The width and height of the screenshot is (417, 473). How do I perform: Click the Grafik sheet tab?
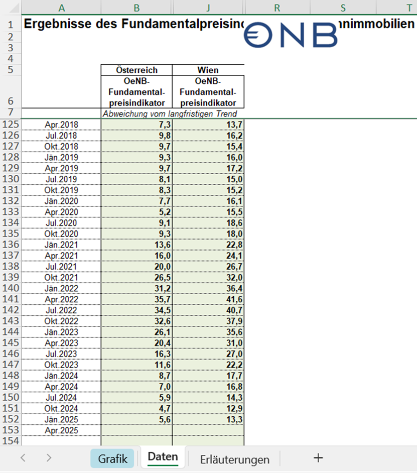point(112,458)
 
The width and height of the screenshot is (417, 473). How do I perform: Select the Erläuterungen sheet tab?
point(234,459)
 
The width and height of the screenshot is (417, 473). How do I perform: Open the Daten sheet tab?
point(163,456)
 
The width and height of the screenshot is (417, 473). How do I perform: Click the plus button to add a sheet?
point(318,457)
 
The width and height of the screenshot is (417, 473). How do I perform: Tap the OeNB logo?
point(292,35)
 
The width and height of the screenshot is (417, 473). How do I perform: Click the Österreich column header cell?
point(136,70)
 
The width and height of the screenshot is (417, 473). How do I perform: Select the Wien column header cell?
point(208,70)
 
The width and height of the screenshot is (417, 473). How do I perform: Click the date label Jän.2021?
point(62,245)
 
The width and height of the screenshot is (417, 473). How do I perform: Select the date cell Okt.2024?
point(62,408)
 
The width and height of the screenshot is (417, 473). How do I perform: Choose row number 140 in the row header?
point(11,288)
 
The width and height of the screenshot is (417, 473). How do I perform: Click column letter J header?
point(208,8)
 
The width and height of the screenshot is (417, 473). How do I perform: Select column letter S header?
point(343,8)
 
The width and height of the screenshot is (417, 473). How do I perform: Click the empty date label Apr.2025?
point(62,430)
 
